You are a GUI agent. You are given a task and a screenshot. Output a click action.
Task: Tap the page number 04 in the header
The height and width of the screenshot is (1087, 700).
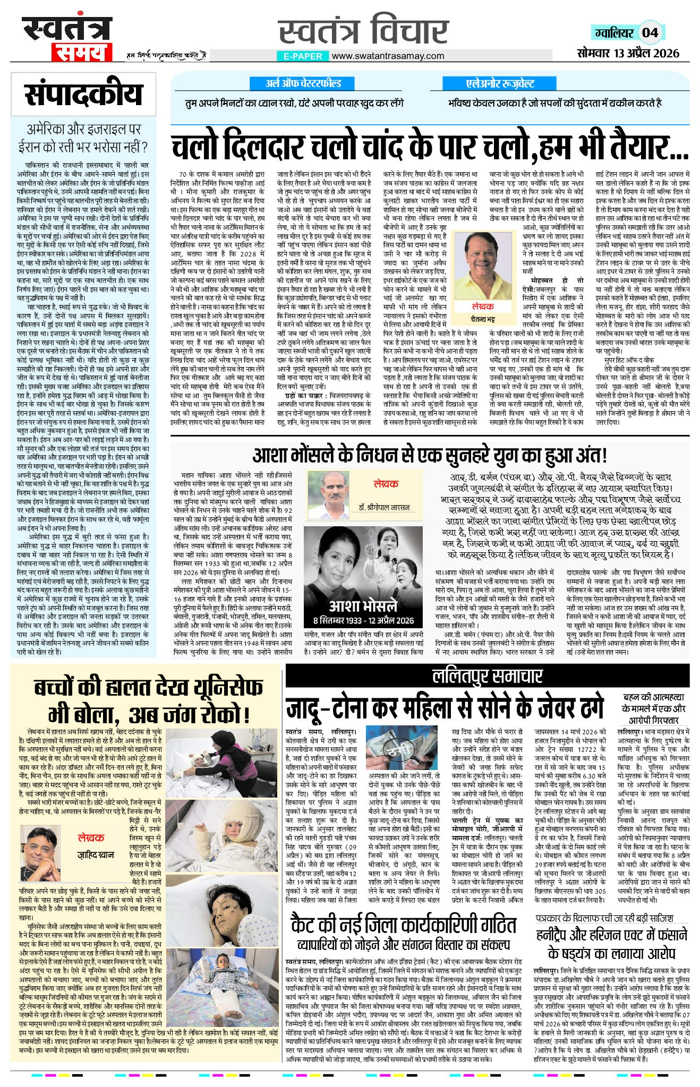[x=650, y=33]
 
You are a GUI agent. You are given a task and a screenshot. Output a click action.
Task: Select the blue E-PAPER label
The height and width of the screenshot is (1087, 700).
[x=303, y=56]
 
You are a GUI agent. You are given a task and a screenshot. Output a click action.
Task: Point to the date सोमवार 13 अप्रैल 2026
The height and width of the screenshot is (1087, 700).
[x=628, y=53]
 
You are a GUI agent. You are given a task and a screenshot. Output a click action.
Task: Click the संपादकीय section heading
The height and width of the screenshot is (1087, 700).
[x=84, y=95]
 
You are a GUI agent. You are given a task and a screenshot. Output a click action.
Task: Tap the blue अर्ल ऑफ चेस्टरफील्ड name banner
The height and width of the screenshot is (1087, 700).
[x=303, y=83]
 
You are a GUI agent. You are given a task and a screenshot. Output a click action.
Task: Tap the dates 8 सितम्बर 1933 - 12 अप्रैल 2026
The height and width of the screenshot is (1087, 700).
[x=363, y=620]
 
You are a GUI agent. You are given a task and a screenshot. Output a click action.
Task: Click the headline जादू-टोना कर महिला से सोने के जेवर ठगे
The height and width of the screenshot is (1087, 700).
[x=445, y=707]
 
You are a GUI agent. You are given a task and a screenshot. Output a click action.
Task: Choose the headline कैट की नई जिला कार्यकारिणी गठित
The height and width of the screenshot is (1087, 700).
[x=403, y=925]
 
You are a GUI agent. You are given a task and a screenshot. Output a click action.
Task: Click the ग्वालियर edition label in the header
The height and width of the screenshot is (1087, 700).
[x=614, y=33]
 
